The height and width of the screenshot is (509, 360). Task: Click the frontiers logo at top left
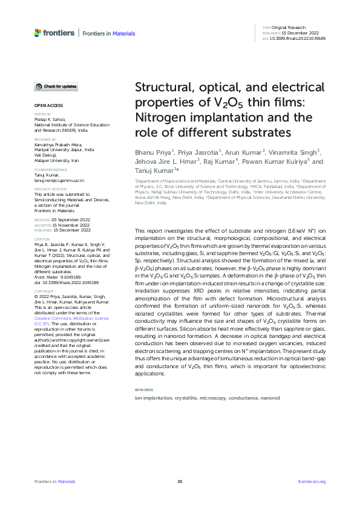pos(54,33)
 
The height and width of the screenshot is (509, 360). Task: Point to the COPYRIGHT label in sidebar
pos(44,291)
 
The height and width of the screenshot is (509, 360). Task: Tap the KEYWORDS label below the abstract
pos(144,391)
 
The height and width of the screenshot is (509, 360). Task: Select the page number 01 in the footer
pos(180,482)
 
